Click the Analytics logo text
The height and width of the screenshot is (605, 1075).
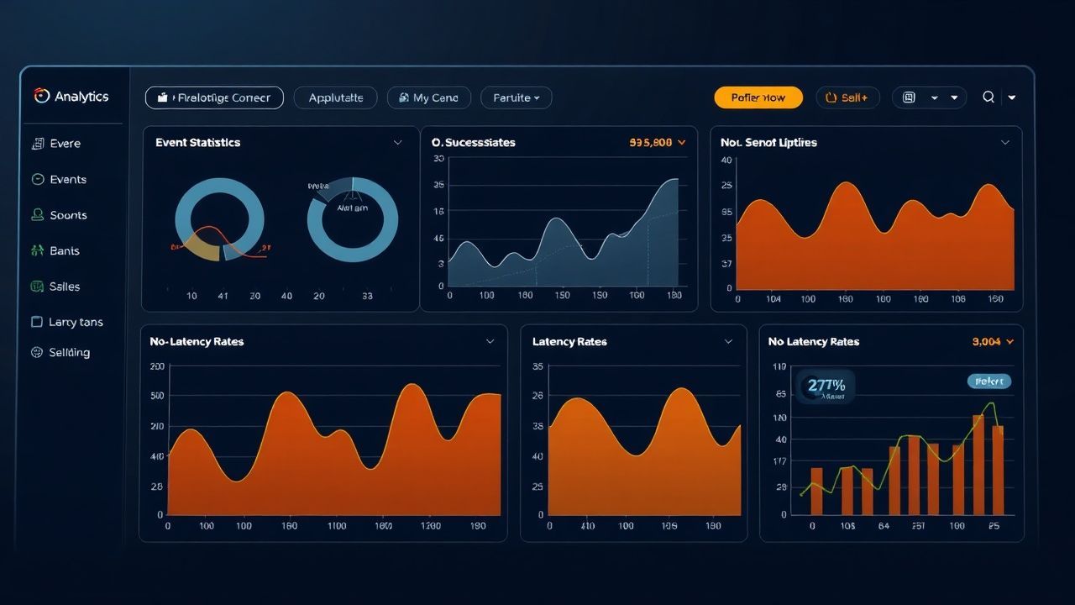tap(81, 97)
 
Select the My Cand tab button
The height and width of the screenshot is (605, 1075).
tap(429, 97)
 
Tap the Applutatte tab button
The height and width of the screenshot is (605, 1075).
tap(336, 97)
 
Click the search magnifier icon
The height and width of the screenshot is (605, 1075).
tap(988, 97)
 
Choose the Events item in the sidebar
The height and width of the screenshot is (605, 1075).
tap(67, 179)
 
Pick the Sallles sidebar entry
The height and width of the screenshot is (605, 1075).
tap(64, 287)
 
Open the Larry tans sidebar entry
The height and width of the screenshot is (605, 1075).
tap(75, 322)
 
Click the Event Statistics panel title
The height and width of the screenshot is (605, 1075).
tap(197, 143)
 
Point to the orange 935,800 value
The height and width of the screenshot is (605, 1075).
tap(651, 143)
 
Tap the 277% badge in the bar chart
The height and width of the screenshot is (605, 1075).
tap(826, 387)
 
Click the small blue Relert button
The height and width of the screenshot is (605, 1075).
tap(989, 381)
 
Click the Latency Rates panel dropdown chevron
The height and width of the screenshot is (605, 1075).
tap(729, 342)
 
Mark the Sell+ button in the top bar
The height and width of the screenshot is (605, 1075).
tap(847, 97)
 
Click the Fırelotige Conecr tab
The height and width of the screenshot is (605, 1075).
tap(214, 97)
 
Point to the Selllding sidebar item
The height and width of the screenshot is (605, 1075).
tap(69, 353)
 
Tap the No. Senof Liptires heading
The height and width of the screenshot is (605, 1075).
tap(768, 143)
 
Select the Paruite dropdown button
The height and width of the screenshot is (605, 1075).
tap(516, 97)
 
